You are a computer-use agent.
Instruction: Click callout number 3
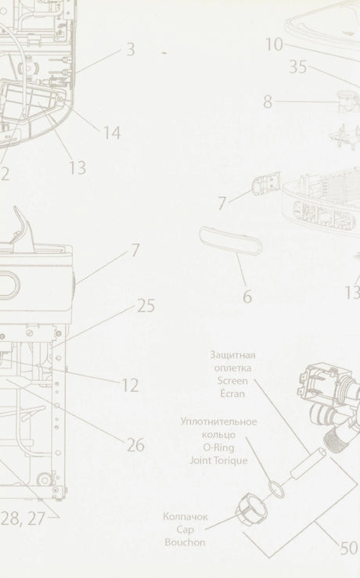pos(131,49)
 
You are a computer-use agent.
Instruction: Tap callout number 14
pos(111,133)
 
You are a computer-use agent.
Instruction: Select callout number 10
pos(275,45)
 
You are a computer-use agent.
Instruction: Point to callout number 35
pos(297,66)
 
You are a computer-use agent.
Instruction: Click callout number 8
pos(268,102)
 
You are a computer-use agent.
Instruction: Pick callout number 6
pos(247,296)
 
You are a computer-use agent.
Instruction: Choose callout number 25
pos(146,306)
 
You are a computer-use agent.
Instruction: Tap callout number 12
pos(130,386)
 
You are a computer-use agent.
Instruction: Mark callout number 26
pos(135,445)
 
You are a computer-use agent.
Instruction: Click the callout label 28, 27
pos(23,519)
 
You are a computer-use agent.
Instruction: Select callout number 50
pos(348,548)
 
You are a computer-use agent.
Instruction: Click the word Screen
pos(232,381)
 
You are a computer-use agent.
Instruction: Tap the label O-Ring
pos(218,447)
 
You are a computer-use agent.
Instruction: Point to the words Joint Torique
pos(218,461)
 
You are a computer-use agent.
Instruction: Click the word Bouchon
pos(185,542)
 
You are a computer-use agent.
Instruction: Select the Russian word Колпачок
pos(185,516)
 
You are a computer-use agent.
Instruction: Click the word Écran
pos(232,393)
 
